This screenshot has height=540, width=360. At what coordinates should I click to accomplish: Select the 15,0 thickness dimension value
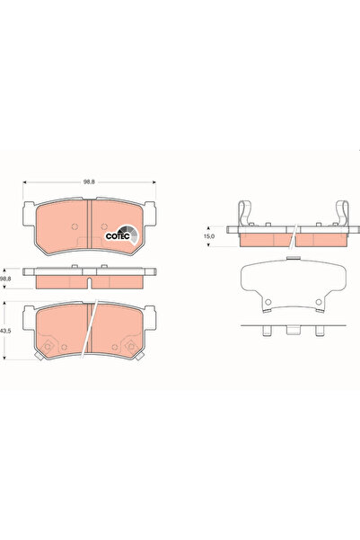pos(209,236)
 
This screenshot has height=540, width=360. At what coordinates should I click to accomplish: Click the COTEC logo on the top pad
pos(121,235)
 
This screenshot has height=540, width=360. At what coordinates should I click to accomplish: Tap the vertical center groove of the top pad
pos(92,225)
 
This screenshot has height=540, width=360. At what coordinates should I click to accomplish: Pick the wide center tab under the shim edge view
pos(293,332)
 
